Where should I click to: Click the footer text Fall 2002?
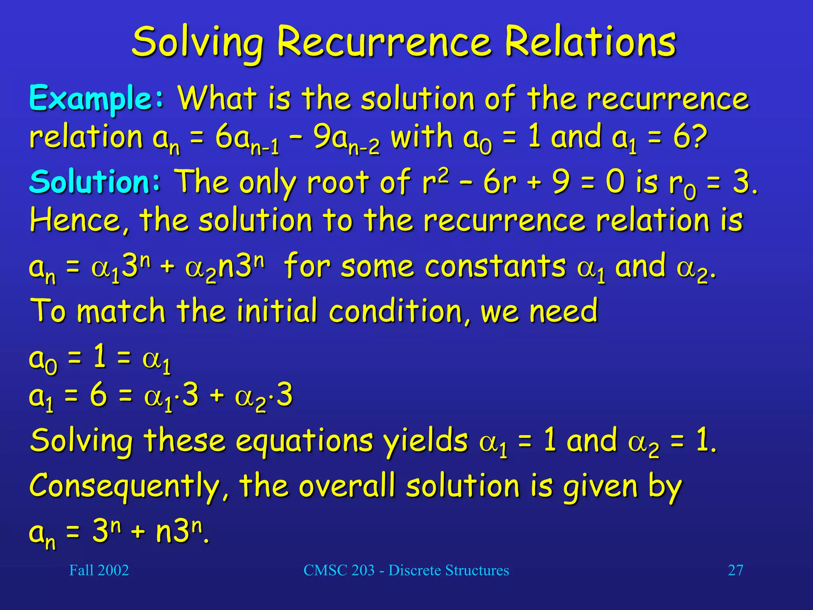99,570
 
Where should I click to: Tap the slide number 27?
735,570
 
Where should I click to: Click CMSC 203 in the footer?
339,570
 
